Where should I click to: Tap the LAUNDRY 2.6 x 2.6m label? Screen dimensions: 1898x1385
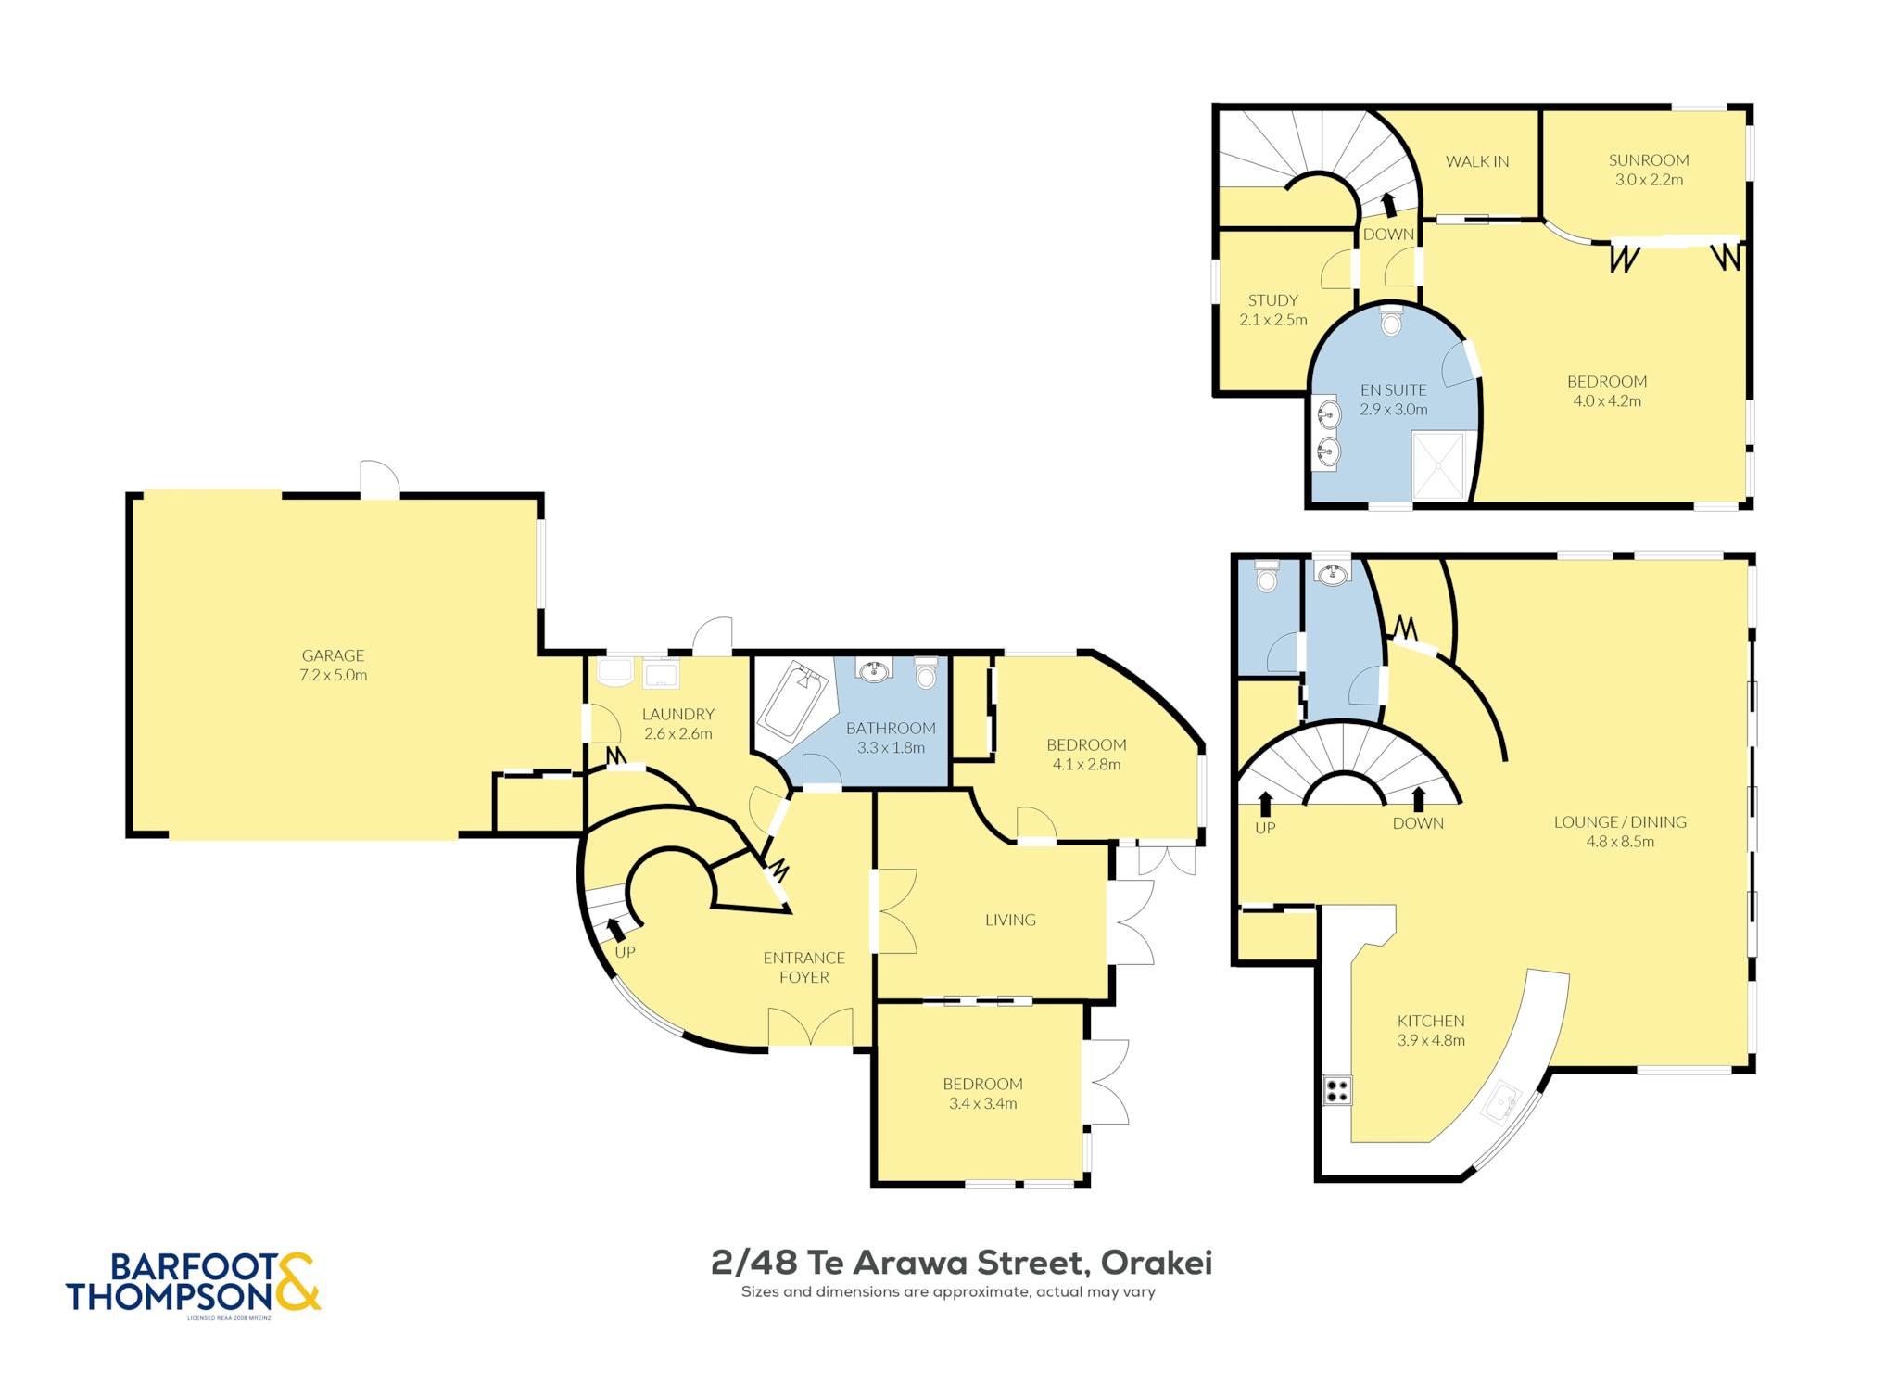click(678, 724)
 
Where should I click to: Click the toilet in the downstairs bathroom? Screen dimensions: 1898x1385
click(926, 672)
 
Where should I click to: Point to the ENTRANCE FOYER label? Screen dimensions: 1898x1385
click(804, 967)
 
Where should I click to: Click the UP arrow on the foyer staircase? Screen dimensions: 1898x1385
click(615, 929)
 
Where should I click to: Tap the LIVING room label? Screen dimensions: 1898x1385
click(1010, 920)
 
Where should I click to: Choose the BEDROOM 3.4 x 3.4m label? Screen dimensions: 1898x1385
click(983, 1094)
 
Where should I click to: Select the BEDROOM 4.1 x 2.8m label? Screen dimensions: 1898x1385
click(1087, 755)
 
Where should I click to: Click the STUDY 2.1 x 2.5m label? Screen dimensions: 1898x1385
click(1273, 310)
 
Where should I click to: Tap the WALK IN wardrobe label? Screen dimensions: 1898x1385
click(1477, 161)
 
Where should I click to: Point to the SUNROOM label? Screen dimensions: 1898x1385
click(1649, 160)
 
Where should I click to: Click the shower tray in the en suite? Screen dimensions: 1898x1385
click(1438, 466)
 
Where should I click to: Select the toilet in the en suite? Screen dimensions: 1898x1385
click(1391, 320)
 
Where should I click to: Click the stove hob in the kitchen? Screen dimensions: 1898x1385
click(1337, 1089)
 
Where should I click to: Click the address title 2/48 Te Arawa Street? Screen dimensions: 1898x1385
click(962, 1263)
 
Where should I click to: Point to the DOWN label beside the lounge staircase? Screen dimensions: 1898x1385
click(1418, 823)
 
